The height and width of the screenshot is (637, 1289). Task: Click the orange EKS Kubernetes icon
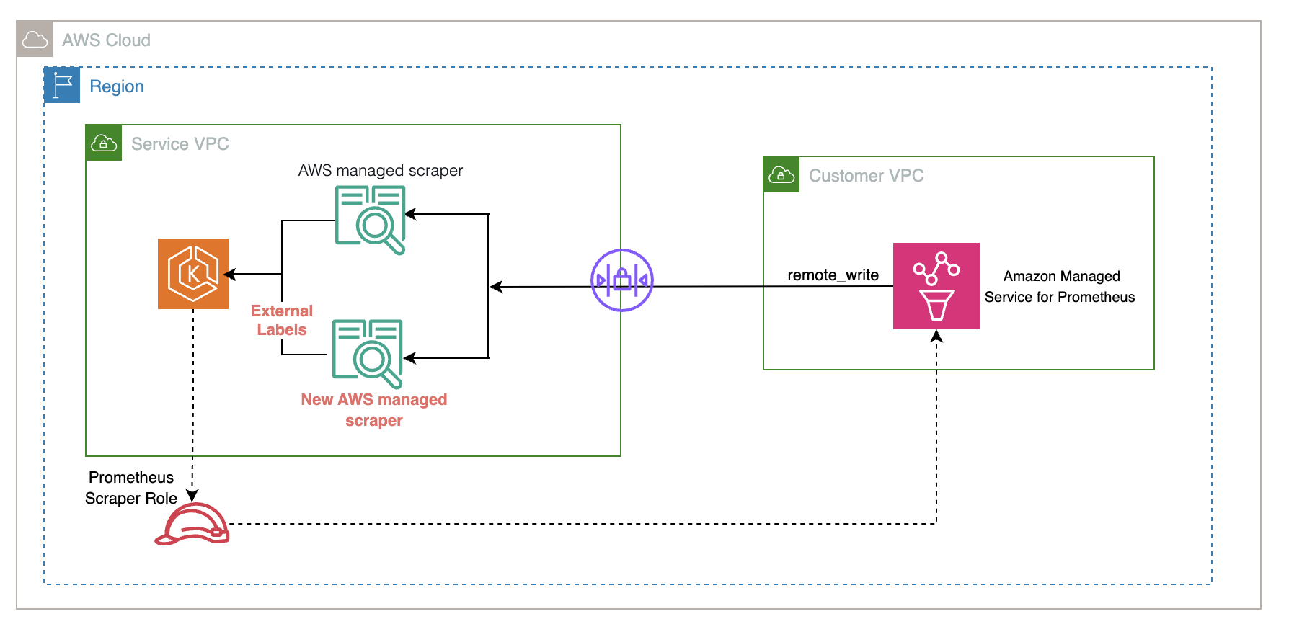click(x=193, y=274)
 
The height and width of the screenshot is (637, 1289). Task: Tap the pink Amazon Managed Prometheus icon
click(x=936, y=286)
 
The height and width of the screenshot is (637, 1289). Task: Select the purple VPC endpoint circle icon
click(x=621, y=280)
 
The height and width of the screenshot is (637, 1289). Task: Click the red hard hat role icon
click(x=192, y=524)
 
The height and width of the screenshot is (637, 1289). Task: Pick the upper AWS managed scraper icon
click(x=371, y=220)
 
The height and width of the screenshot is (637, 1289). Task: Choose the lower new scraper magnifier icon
click(x=368, y=353)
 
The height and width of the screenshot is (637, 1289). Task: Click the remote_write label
click(x=833, y=275)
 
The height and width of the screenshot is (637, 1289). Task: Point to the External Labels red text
click(x=282, y=320)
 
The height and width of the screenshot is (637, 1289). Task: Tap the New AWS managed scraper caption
click(x=373, y=409)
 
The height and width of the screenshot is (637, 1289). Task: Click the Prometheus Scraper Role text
click(x=131, y=488)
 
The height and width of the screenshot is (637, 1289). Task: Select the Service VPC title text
click(x=180, y=144)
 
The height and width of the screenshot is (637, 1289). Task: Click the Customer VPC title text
click(x=866, y=176)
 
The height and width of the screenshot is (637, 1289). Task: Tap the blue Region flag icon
click(x=62, y=85)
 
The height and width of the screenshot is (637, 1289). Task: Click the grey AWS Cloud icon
click(x=35, y=39)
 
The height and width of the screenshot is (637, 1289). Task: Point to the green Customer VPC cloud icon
click(x=781, y=174)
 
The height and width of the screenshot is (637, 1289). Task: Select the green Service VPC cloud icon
click(x=104, y=143)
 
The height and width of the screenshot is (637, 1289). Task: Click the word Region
click(x=117, y=86)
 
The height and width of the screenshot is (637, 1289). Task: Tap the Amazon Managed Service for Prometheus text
click(x=1060, y=286)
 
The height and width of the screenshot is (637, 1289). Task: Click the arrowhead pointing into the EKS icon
click(x=229, y=274)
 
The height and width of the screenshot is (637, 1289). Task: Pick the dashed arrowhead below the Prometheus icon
click(x=936, y=336)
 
